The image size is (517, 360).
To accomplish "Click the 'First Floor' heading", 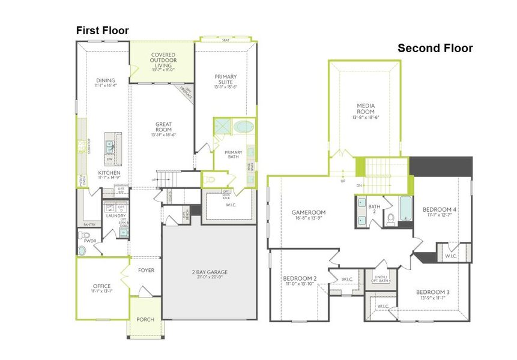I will point(101,30).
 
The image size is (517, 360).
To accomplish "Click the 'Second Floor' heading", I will point(435,49).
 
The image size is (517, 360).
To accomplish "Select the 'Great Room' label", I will point(163,127).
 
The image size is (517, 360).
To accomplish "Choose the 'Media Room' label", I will point(366,108).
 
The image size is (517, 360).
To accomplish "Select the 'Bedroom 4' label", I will point(440,209).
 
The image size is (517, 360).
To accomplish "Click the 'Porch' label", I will point(145,319).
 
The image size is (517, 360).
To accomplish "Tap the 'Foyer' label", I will point(146,271).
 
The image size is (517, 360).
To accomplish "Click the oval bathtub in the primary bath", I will point(243,127).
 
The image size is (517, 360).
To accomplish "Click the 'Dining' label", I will point(105,80).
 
